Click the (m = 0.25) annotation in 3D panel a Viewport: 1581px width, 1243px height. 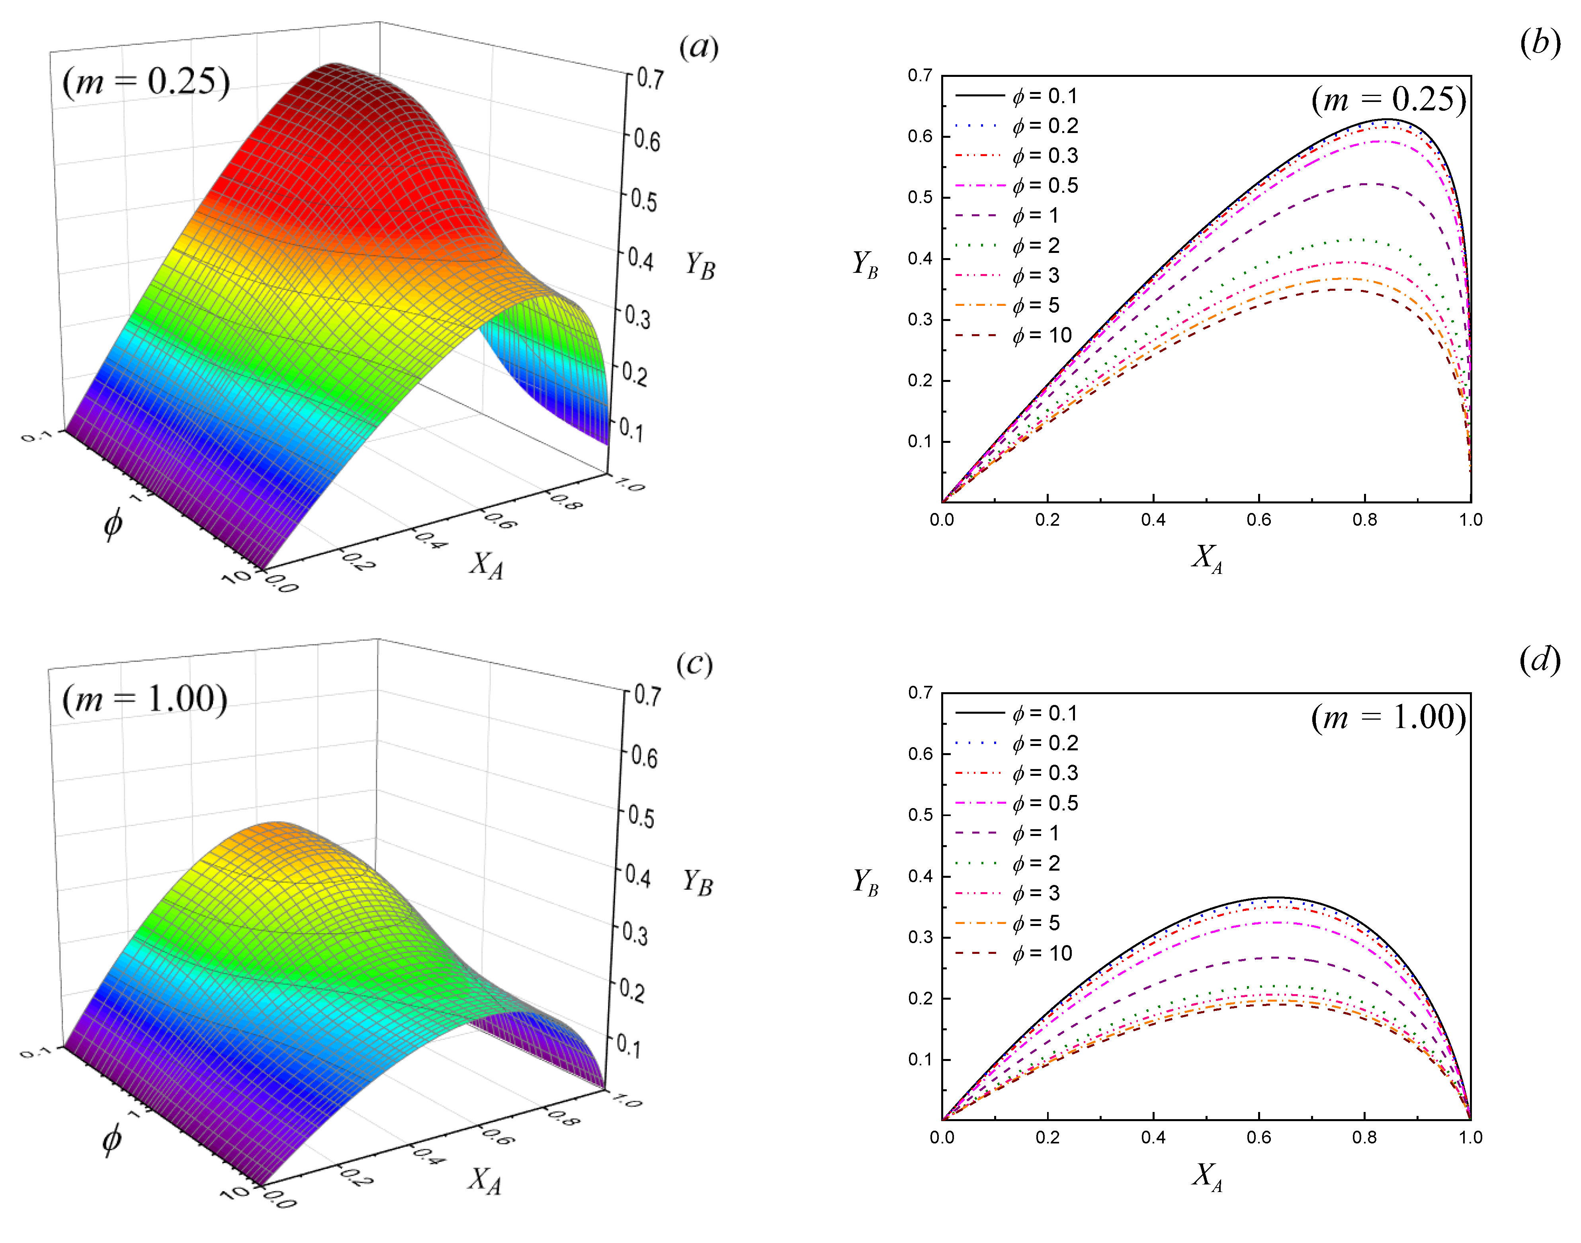click(145, 82)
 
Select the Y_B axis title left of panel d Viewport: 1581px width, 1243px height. click(865, 882)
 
